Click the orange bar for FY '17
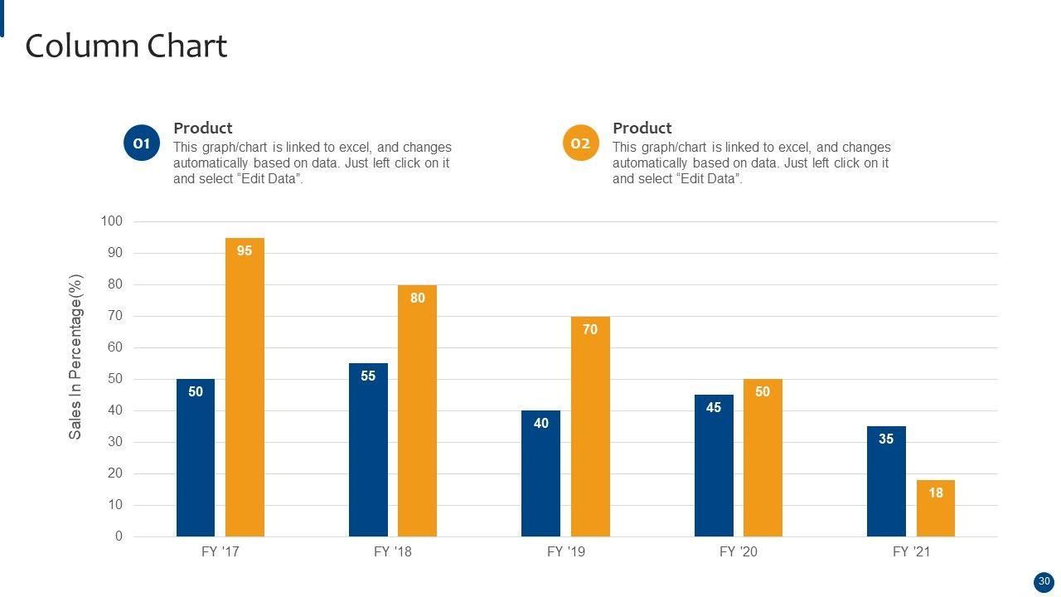(245, 387)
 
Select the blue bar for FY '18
(368, 450)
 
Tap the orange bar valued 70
(590, 426)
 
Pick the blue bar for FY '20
(714, 466)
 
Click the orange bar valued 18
(936, 508)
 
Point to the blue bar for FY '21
(886, 482)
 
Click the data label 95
(245, 250)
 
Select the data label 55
(368, 376)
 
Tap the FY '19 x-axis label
(566, 552)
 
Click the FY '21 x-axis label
(911, 552)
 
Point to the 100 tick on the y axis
(111, 221)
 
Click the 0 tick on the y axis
(119, 536)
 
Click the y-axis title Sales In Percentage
(75, 357)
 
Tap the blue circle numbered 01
(142, 143)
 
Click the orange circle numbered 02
(580, 143)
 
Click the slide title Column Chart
(126, 46)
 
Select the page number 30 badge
(1044, 582)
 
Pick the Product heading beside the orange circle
(642, 129)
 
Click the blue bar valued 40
(540, 473)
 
